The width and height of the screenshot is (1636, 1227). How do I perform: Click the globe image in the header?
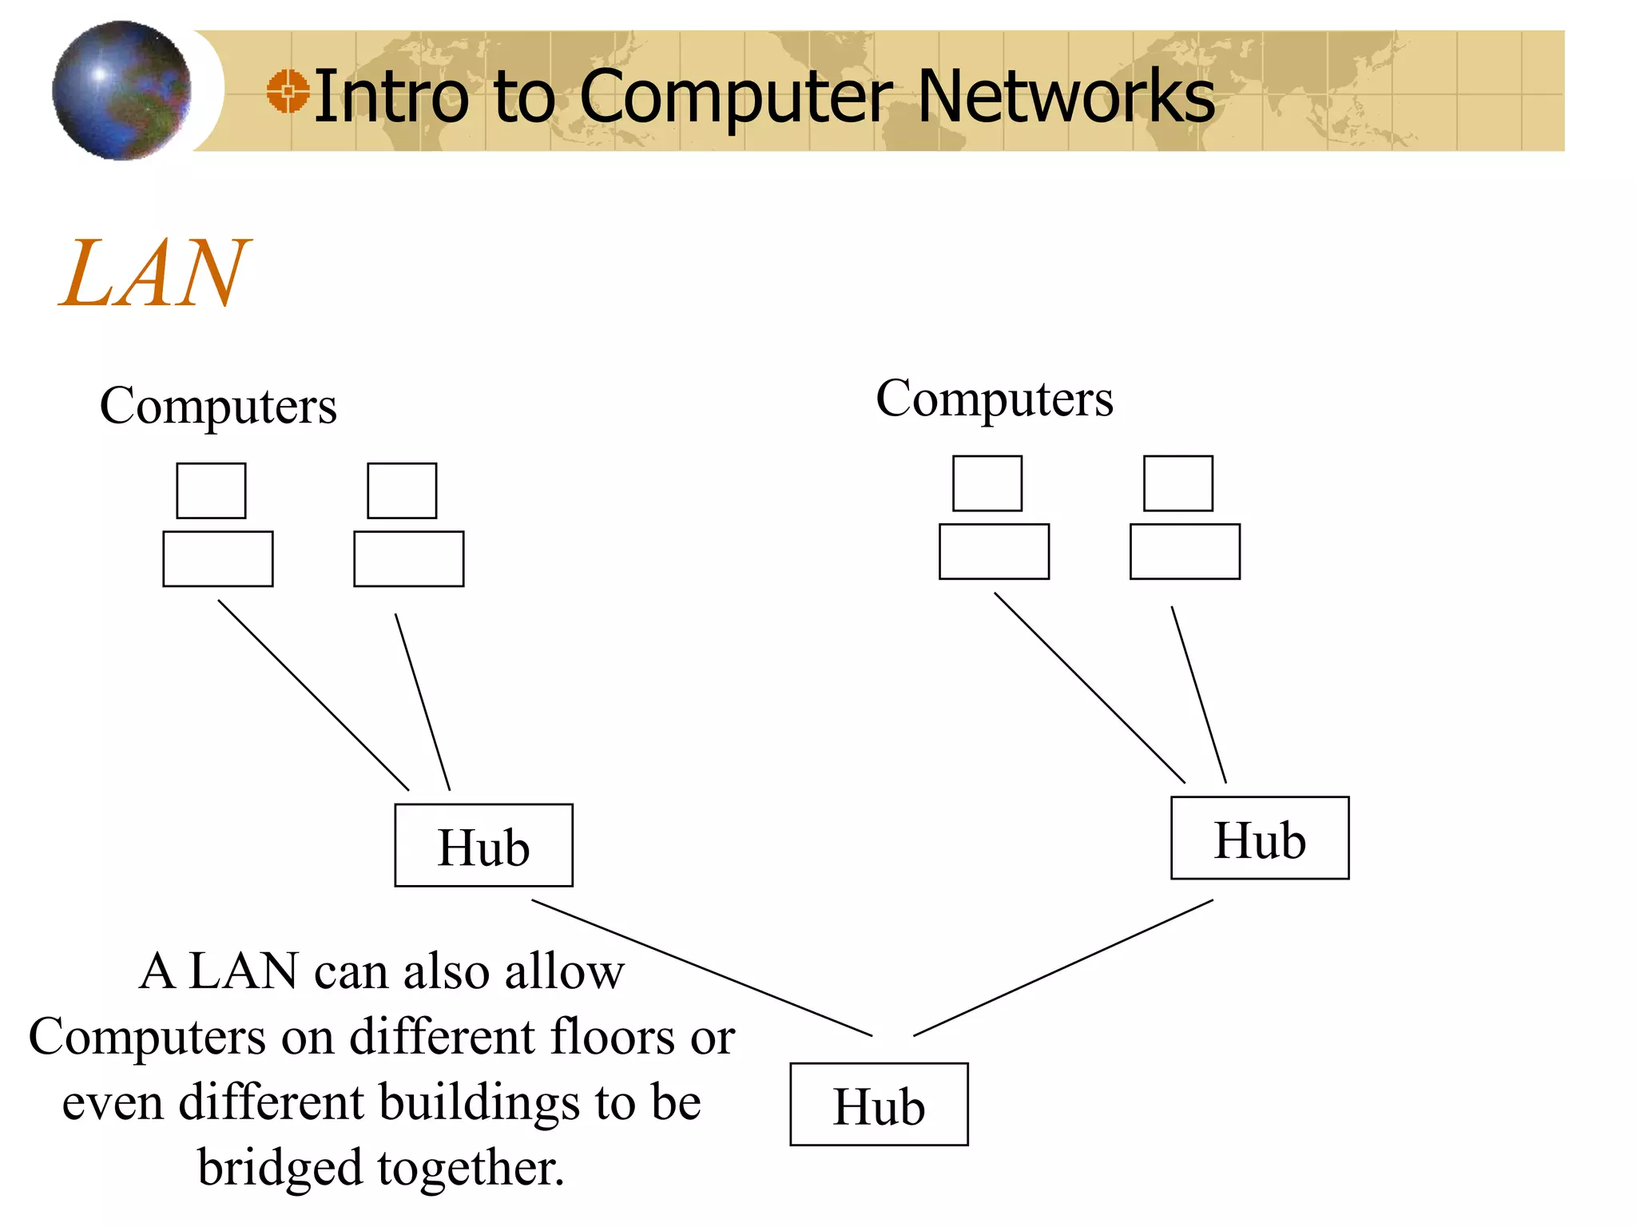point(121,90)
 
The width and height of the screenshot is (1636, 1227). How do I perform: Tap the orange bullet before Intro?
point(288,91)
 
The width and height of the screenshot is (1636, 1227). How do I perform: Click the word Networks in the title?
point(1066,97)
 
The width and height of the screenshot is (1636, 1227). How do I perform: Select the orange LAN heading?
point(154,273)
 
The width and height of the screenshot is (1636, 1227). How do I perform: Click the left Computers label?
point(218,406)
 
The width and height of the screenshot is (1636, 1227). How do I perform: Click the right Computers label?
point(995,399)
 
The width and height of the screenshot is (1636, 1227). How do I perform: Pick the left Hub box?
point(483,845)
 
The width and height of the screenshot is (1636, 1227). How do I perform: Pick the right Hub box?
point(1260,838)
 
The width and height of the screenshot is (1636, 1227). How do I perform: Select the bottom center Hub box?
point(879,1104)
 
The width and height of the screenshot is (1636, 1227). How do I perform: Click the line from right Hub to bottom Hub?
point(1063,968)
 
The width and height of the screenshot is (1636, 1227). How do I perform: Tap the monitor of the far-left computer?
point(211,490)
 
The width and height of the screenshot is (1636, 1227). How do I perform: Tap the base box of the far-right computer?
point(1185,551)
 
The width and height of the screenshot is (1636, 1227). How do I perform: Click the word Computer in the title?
point(735,97)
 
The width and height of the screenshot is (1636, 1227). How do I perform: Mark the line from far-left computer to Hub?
point(313,695)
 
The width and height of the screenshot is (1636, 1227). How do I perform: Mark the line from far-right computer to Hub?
point(1198,694)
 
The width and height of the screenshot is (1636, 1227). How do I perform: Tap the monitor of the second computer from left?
point(402,490)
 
